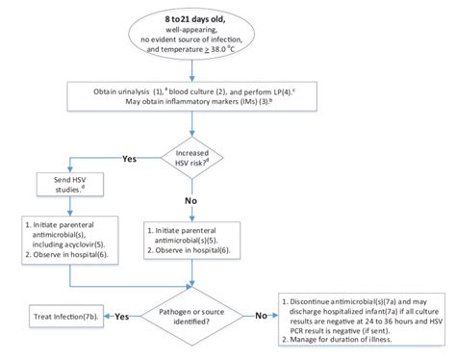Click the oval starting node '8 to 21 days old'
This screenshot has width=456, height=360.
(227, 36)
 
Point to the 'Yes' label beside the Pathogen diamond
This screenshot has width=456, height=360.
(123, 315)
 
